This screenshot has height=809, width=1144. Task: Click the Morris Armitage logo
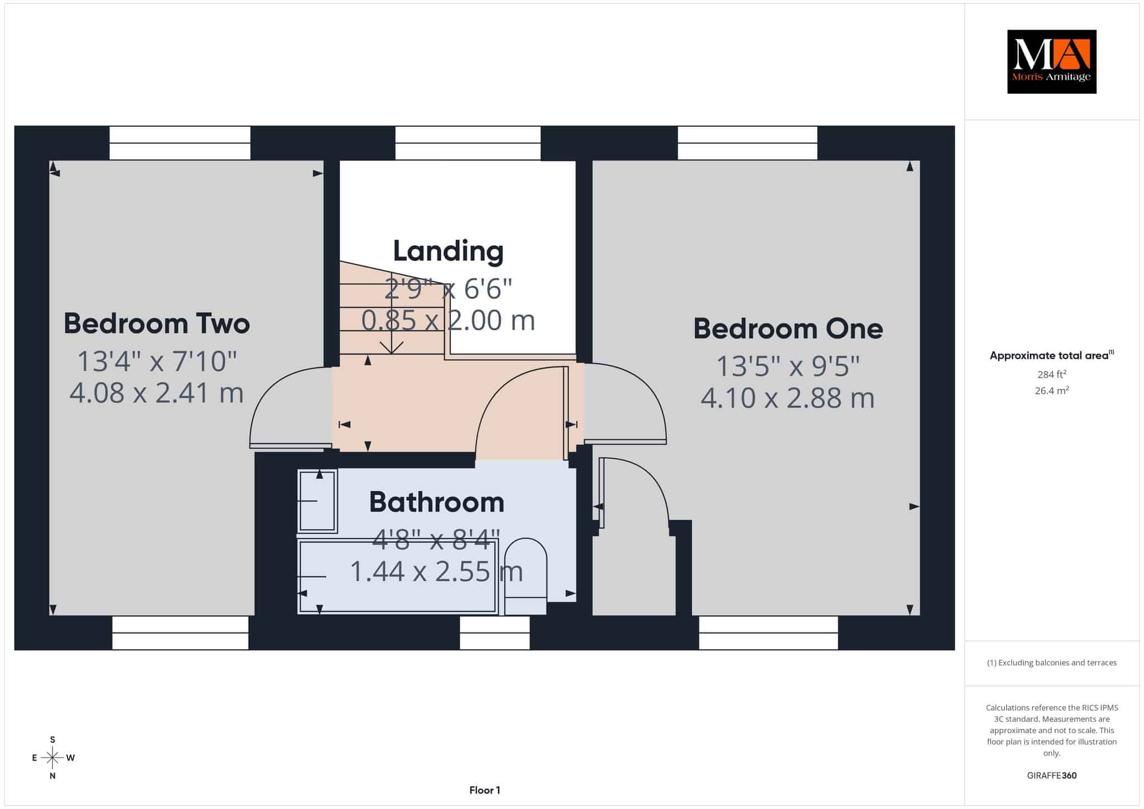pos(1051,61)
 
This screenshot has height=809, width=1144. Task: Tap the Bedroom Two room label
pos(156,323)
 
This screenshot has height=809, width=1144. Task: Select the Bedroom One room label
pos(788,329)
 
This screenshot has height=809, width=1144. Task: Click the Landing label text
pos(448,251)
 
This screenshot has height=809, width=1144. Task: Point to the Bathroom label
pos(436,502)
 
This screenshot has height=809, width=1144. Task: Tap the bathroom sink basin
pos(318,501)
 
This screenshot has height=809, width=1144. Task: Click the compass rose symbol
pos(53,758)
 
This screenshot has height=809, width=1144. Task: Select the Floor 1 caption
pos(485,790)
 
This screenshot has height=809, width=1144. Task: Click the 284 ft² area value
pos(1051,374)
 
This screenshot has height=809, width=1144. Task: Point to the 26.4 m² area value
pos(1052,391)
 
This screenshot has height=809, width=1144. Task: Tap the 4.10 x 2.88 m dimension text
pos(788,398)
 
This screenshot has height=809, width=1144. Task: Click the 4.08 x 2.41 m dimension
pos(156,393)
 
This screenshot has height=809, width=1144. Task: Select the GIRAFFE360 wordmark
pos(1052,775)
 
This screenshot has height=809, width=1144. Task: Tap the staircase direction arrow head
pos(392,348)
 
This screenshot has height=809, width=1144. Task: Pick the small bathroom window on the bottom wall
pos(494,632)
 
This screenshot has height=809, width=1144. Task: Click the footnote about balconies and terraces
pos(1052,663)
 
